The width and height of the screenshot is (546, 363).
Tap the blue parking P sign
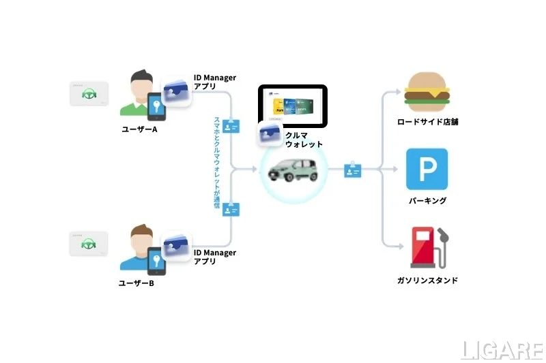click(x=427, y=169)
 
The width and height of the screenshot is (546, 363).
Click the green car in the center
click(x=294, y=170)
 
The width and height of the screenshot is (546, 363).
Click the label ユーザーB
click(x=137, y=282)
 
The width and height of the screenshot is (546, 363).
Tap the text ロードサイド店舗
click(x=427, y=123)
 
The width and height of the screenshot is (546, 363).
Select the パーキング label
click(x=427, y=200)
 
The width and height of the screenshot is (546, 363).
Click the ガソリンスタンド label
click(x=427, y=280)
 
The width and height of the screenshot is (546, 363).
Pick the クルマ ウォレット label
click(x=304, y=140)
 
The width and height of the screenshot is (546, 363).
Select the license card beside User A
click(x=87, y=94)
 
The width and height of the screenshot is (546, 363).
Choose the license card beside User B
click(x=87, y=244)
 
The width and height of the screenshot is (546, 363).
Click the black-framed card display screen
click(x=293, y=106)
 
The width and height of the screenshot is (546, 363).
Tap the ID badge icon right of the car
click(x=354, y=170)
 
